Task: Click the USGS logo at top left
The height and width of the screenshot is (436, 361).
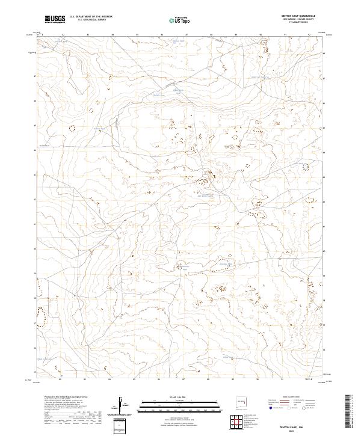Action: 55,20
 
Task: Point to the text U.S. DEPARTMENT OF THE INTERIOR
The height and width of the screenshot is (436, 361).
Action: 91,17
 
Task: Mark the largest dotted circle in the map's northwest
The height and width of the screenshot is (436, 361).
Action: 73,128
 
